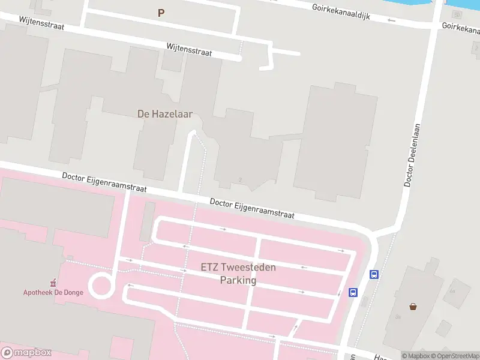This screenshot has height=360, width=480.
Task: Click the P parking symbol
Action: [161, 13]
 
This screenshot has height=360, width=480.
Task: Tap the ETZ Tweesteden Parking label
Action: [238, 274]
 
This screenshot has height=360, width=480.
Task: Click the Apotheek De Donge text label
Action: [53, 292]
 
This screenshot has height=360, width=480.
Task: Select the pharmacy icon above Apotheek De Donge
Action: [53, 282]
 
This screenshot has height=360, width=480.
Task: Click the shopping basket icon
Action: [413, 307]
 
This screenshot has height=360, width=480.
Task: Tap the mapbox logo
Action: [26, 353]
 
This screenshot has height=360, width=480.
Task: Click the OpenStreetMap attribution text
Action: [454, 356]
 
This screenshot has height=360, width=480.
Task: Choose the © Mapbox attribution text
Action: [415, 356]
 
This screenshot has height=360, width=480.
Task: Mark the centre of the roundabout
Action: [101, 285]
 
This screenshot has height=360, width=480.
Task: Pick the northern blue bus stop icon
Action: [374, 275]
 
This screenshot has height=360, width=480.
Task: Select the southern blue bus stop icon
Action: [353, 293]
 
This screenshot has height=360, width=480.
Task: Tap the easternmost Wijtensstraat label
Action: [189, 49]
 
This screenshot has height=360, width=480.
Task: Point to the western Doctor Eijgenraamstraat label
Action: [104, 184]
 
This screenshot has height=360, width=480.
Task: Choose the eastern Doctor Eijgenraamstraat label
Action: [252, 209]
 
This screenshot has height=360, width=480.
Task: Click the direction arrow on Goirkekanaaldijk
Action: [392, 20]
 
